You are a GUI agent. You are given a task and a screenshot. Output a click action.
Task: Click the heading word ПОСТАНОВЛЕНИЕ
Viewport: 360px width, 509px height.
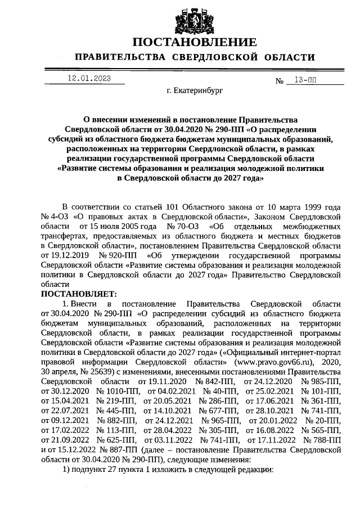[x=195, y=42]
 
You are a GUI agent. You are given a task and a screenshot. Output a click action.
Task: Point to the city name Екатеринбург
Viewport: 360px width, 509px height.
[x=195, y=90]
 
